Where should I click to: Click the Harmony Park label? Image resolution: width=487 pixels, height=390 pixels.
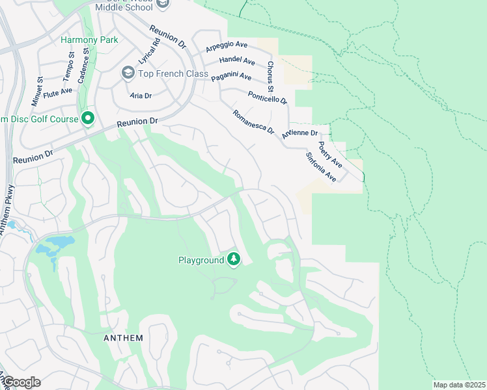tap(89, 40)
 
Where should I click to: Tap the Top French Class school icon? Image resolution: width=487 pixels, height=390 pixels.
tap(128, 73)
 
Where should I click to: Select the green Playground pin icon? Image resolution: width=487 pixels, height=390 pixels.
tap(234, 260)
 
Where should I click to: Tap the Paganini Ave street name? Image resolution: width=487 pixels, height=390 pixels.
tap(231, 76)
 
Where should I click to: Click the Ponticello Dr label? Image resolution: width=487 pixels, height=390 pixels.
tap(267, 97)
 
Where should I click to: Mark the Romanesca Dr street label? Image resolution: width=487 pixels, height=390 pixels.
tap(253, 122)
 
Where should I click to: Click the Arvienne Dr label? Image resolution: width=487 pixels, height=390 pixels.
tap(299, 133)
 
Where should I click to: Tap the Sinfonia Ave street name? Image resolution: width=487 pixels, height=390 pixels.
tap(321, 167)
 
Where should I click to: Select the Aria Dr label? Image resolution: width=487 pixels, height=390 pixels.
tap(141, 96)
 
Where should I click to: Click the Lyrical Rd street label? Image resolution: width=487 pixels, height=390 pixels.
tap(149, 51)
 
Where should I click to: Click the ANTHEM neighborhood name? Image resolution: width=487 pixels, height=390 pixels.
tap(123, 339)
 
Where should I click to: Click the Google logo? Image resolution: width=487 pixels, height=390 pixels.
tap(21, 382)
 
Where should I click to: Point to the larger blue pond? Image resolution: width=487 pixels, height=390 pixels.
tap(55, 244)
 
